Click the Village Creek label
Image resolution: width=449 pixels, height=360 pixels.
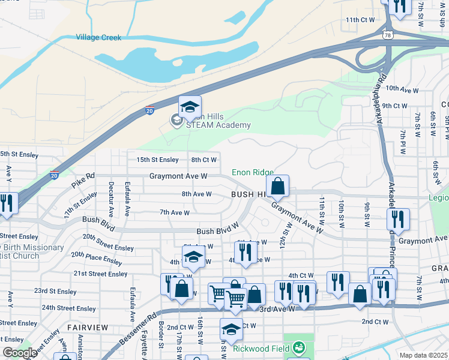coord(98,37)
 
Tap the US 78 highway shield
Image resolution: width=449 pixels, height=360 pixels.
coord(389,36)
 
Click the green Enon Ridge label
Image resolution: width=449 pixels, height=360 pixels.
coord(253,173)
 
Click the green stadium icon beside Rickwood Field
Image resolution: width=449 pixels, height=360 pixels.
coord(298,347)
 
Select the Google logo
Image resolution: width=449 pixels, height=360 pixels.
coord(20,353)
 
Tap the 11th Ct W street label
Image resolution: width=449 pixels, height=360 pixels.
coord(360,20)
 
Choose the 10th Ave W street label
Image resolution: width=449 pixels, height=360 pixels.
coord(402,89)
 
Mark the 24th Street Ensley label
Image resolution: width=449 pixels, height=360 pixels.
coord(68,308)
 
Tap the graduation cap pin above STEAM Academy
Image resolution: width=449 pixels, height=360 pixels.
coord(190,107)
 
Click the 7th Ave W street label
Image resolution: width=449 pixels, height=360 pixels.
coord(175,212)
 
